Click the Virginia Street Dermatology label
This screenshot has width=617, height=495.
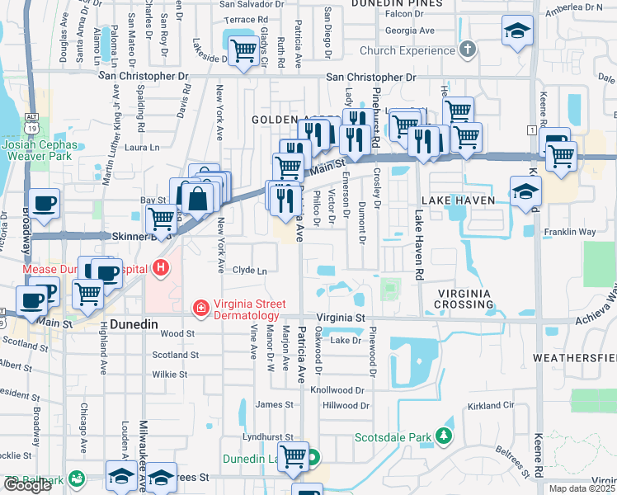(x=247, y=309)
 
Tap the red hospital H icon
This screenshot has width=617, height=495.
(x=161, y=267)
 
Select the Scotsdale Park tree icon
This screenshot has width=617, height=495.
(x=445, y=435)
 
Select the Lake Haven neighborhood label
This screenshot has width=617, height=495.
(x=458, y=200)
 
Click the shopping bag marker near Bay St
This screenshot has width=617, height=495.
(x=199, y=198)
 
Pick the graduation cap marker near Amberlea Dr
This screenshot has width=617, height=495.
(x=517, y=31)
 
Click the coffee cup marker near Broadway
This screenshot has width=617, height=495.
(x=44, y=202)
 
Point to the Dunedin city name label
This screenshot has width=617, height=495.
(x=134, y=324)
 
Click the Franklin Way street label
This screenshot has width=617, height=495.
(x=569, y=232)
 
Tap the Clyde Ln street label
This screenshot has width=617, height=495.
(x=250, y=271)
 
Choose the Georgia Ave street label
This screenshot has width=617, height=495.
(x=410, y=31)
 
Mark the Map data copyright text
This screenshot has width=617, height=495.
(x=582, y=488)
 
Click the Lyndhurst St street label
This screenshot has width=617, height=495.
(x=268, y=436)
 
